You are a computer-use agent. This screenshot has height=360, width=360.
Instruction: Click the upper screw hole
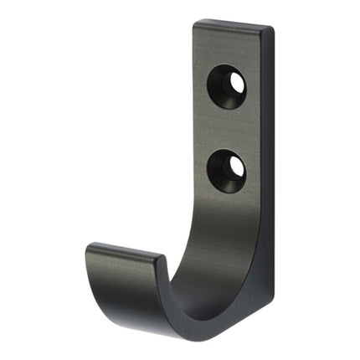227,85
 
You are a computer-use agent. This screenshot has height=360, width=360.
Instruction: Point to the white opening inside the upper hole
237,83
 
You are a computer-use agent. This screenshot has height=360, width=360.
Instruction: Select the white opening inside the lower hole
237,167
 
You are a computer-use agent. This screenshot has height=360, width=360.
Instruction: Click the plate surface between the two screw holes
228,127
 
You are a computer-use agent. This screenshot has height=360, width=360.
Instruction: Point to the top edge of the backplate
234,25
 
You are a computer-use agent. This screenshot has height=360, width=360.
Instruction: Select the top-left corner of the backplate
196,23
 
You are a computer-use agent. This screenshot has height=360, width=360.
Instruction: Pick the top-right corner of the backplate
272,31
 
